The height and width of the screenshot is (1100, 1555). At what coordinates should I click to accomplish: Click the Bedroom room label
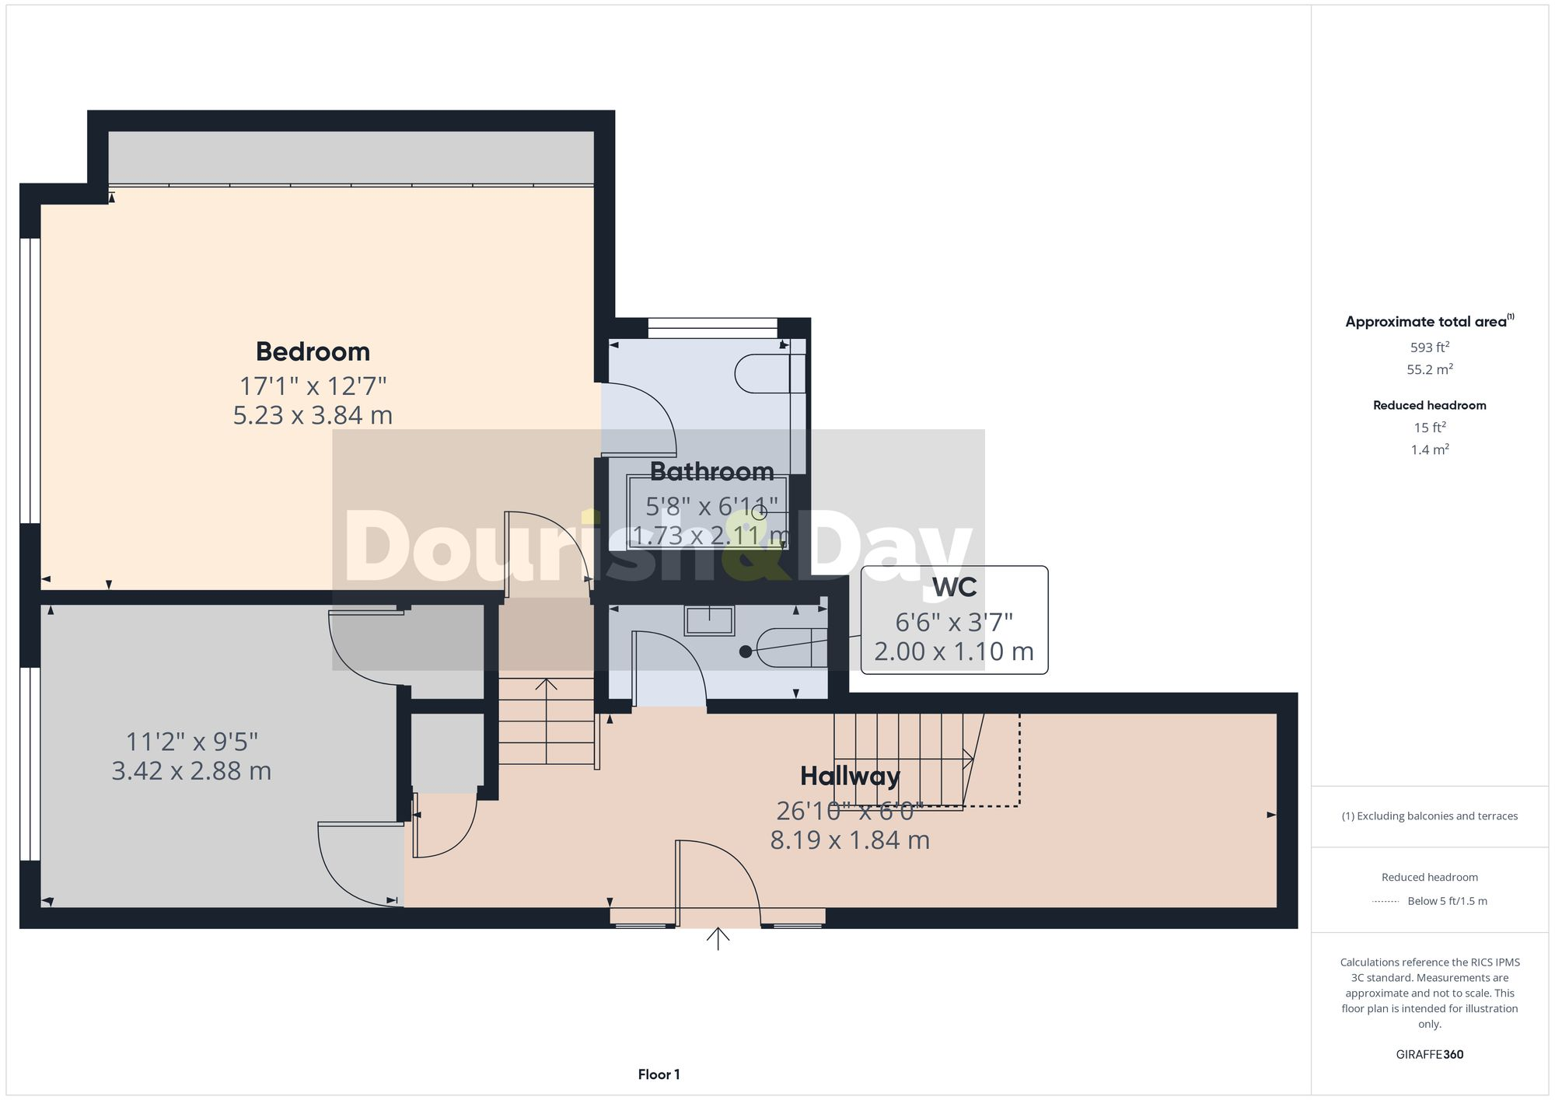[x=313, y=351]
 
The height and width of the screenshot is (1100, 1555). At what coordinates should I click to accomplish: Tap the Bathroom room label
[x=711, y=472]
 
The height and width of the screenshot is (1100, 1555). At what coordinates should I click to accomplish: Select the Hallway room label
[x=850, y=776]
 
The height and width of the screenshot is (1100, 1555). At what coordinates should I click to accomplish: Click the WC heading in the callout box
[x=954, y=588]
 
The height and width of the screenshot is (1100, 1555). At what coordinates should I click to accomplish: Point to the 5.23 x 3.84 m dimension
[x=313, y=415]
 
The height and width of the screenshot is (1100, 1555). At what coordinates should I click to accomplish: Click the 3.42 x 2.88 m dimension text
[x=191, y=771]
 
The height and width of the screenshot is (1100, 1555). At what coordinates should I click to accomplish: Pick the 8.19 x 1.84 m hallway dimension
[x=850, y=840]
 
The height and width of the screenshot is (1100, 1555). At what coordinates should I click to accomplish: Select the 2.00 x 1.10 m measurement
[x=954, y=651]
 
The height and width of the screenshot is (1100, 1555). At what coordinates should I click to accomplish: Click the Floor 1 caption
[x=659, y=1074]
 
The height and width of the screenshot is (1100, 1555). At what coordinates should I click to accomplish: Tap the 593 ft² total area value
[x=1429, y=347]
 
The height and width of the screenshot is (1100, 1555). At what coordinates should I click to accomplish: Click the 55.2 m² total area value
[x=1429, y=369]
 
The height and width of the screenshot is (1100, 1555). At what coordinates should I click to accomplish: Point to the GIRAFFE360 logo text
[x=1429, y=1055]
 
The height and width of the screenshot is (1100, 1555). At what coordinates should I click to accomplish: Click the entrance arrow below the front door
[x=718, y=938]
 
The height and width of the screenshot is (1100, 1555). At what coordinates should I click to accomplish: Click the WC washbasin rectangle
[x=709, y=620]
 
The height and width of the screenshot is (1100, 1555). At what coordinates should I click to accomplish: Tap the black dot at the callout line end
[x=746, y=651]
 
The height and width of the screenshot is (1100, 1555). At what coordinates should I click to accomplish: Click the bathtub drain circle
[x=759, y=512]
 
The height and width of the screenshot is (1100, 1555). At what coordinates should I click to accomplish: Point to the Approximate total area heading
[x=1429, y=322]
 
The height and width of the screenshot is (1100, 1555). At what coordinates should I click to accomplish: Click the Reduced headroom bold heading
[x=1429, y=405]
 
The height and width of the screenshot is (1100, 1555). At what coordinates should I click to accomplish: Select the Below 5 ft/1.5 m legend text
[x=1447, y=901]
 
